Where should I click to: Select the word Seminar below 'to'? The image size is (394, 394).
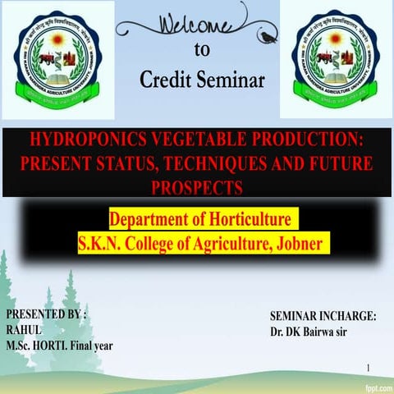pos(231,80)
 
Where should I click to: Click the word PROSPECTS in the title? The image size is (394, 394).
pos(197,188)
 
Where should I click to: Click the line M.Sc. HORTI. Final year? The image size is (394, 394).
pos(59,345)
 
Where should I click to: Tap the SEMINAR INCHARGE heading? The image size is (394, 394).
pos(323,316)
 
